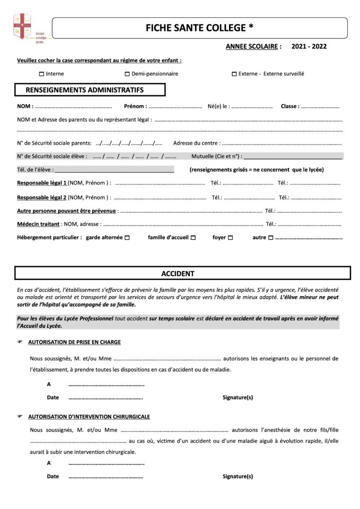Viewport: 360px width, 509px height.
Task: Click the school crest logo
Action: [x=22, y=26]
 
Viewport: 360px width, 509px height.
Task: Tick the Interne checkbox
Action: [x=41, y=74]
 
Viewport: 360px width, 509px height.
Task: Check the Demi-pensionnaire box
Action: [x=127, y=74]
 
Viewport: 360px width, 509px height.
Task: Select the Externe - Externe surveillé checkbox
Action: [x=234, y=74]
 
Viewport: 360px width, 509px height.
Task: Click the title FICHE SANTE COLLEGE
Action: [x=200, y=28]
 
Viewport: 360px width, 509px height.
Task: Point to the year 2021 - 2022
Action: [x=309, y=46]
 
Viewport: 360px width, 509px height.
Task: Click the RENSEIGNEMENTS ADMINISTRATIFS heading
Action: [x=84, y=90]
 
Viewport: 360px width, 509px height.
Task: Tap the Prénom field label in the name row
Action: [x=135, y=106]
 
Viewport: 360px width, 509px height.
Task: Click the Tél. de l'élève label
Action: [x=35, y=170]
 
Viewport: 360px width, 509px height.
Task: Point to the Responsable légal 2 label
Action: [x=42, y=198]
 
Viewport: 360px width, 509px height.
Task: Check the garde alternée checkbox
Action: [x=127, y=238]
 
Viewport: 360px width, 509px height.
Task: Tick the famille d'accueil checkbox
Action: [x=193, y=238]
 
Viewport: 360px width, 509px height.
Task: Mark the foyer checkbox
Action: [x=230, y=238]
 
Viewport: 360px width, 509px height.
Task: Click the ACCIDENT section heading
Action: [x=178, y=273]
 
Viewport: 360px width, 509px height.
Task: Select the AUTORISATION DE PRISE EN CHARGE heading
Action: [x=74, y=342]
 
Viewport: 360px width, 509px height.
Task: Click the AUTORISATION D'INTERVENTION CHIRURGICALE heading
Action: [x=89, y=416]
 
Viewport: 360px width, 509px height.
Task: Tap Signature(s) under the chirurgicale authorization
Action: [x=238, y=476]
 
